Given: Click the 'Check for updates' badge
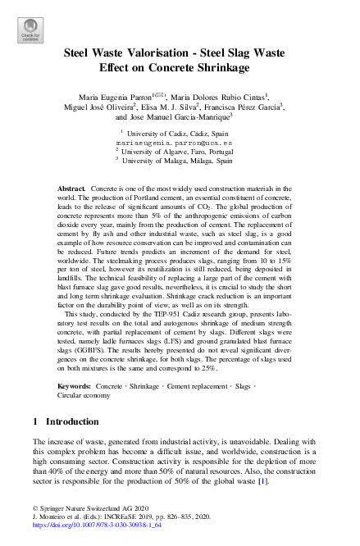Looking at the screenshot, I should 30,30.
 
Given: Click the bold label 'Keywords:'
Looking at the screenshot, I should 74,384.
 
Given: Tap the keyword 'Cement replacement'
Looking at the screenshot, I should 198,384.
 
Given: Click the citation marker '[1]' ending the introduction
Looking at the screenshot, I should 262,481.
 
